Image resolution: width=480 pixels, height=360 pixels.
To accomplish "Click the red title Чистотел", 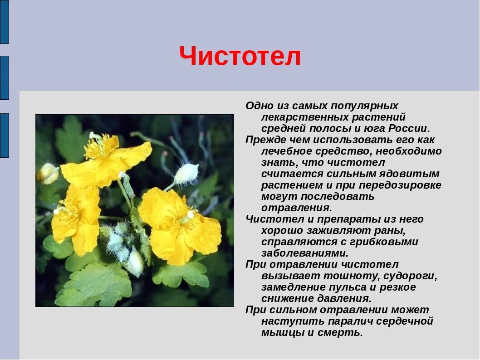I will (x=240, y=57).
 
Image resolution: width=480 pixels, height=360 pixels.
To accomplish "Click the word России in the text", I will (x=408, y=128).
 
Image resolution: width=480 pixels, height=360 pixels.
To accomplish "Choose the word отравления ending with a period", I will (x=296, y=208).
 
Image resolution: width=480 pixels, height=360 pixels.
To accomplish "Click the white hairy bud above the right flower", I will (x=186, y=174).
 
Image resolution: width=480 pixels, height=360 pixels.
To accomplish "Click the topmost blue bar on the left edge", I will (x=4, y=22).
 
